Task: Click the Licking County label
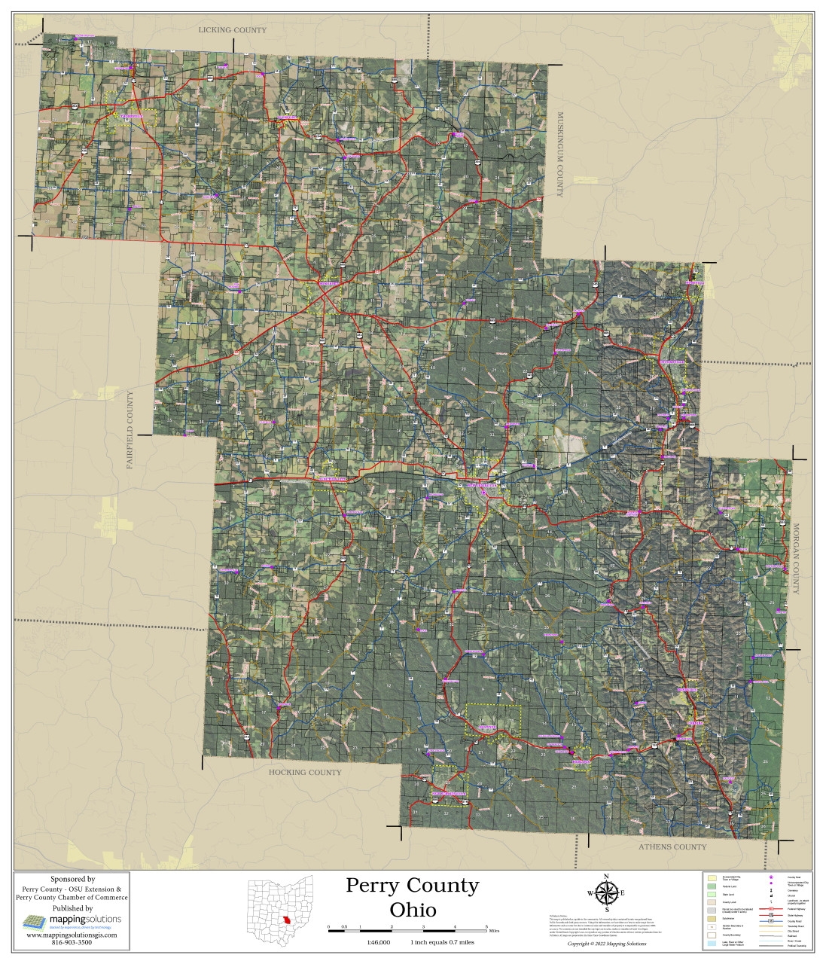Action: click(232, 30)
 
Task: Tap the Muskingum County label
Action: click(559, 154)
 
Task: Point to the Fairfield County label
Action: click(130, 430)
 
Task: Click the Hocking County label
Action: click(305, 772)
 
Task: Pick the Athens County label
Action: click(672, 847)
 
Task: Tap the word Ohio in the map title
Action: click(413, 910)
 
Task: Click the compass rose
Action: click(606, 893)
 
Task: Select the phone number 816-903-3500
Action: click(72, 942)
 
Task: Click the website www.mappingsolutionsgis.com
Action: click(72, 935)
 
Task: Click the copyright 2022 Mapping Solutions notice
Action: click(605, 943)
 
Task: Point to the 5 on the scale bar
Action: click(487, 926)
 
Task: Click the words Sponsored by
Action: click(72, 879)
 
